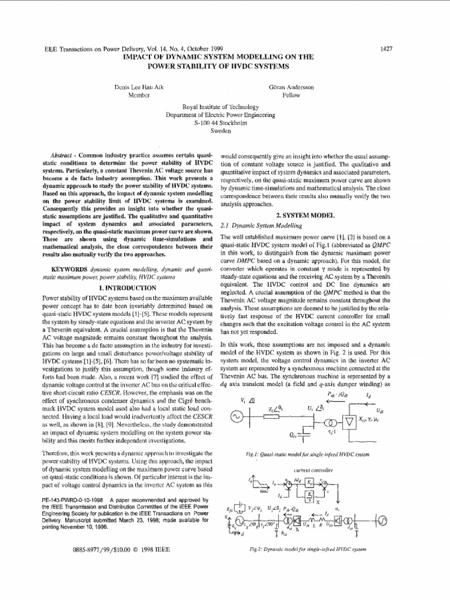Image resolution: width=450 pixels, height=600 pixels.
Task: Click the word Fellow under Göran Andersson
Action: click(x=292, y=95)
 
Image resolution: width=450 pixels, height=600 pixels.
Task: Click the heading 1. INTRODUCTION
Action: click(x=127, y=288)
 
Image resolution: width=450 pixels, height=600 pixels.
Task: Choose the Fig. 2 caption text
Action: click(x=308, y=549)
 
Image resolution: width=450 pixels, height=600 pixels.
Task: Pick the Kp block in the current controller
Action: click(x=309, y=482)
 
